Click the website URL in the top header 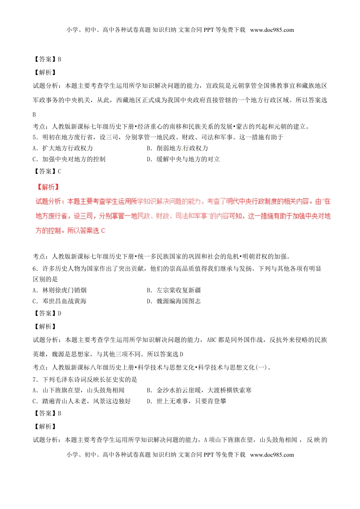coord(272,30)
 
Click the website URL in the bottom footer coord(272,455)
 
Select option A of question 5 coord(63,148)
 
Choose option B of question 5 coord(177,148)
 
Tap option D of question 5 coord(183,159)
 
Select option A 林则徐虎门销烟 coord(59,290)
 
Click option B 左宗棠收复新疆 coord(174,290)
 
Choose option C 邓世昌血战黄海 coord(59,301)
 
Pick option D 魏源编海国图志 coord(174,301)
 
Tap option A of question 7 coord(78,390)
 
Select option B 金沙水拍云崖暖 coord(199,390)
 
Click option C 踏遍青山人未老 coord(81,401)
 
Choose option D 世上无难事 coord(187,401)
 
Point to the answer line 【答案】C coord(47,172)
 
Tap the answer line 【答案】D coord(47,314)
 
